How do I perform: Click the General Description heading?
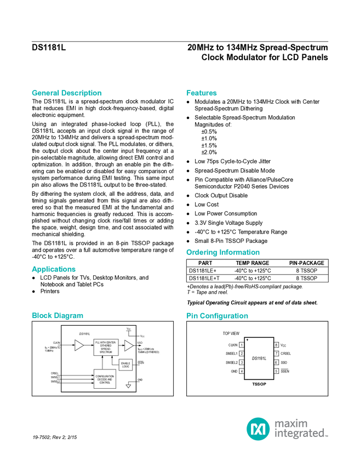66,93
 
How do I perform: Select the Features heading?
202,93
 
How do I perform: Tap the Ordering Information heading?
222,252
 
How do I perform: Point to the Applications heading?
53,269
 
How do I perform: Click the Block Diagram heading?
58,316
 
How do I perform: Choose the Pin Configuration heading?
217,316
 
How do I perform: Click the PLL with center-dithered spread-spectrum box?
105,346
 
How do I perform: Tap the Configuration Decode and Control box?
105,379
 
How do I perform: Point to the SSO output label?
140,342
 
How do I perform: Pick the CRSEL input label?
54,373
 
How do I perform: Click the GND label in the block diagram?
140,380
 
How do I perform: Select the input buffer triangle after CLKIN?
79,345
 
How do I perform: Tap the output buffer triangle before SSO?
128,345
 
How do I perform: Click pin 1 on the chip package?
242,345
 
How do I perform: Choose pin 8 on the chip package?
277,345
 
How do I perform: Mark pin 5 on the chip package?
277,371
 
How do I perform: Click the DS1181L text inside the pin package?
259,358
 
